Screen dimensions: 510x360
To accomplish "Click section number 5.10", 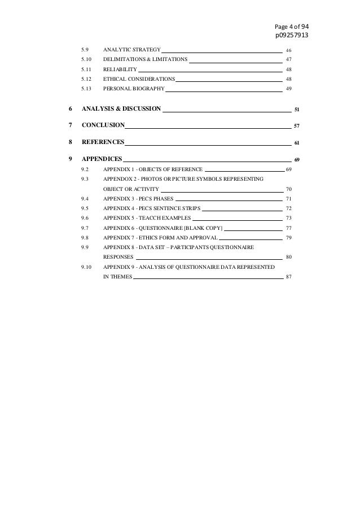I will click(x=86, y=59).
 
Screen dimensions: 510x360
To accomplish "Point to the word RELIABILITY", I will click(x=120, y=69).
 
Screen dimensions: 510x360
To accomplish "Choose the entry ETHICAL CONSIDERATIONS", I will click(x=139, y=79).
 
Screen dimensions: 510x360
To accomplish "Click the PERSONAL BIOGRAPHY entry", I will click(x=134, y=89).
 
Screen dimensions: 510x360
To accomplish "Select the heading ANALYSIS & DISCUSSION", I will click(x=121, y=108).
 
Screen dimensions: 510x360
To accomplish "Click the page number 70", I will click(x=289, y=189).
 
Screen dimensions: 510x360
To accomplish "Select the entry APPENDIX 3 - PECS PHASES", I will click(x=138, y=199).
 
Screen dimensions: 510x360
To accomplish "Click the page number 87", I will click(x=289, y=277).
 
